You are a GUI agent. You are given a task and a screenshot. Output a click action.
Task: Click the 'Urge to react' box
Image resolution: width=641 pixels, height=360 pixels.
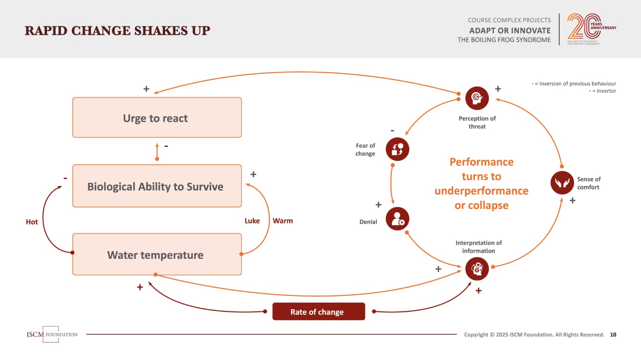pyautogui.click(x=157, y=117)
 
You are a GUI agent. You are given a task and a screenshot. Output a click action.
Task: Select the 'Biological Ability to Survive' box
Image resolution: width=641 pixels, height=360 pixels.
pyautogui.click(x=157, y=186)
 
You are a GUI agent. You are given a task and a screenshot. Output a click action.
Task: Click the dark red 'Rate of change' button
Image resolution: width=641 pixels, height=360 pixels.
pyautogui.click(x=318, y=311)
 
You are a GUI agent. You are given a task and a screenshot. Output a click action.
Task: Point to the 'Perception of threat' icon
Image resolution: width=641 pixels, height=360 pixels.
pyautogui.click(x=477, y=98)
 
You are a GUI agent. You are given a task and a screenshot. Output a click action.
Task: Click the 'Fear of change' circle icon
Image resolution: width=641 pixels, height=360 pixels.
pyautogui.click(x=397, y=149)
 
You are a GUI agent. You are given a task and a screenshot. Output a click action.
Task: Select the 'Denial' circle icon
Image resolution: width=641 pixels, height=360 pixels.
pyautogui.click(x=397, y=219)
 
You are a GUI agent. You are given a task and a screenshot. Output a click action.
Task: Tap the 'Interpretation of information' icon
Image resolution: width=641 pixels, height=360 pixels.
pyautogui.click(x=477, y=269)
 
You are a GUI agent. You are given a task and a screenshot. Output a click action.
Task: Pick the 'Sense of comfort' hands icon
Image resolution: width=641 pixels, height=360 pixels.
pyautogui.click(x=562, y=183)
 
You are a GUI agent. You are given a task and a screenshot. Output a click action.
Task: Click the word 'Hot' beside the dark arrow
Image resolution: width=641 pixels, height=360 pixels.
pyautogui.click(x=32, y=222)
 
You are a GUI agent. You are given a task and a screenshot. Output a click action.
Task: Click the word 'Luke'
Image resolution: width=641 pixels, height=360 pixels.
pyautogui.click(x=252, y=221)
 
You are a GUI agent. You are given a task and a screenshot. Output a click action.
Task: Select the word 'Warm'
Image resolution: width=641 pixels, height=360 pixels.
pyautogui.click(x=283, y=221)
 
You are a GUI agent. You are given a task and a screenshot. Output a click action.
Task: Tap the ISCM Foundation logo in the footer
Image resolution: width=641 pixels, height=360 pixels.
pyautogui.click(x=51, y=334)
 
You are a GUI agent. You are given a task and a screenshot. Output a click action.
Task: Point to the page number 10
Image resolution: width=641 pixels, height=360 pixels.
pyautogui.click(x=613, y=334)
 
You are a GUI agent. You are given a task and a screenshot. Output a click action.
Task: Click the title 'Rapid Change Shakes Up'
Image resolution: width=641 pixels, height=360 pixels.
pyautogui.click(x=118, y=31)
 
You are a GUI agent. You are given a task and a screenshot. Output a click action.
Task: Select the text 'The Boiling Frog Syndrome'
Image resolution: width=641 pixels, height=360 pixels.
pyautogui.click(x=504, y=40)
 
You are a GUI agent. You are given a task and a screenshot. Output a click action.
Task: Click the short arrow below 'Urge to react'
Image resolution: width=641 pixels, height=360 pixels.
pyautogui.click(x=157, y=152)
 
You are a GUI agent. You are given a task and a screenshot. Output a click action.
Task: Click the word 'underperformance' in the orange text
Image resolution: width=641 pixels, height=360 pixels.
pyautogui.click(x=482, y=191)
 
